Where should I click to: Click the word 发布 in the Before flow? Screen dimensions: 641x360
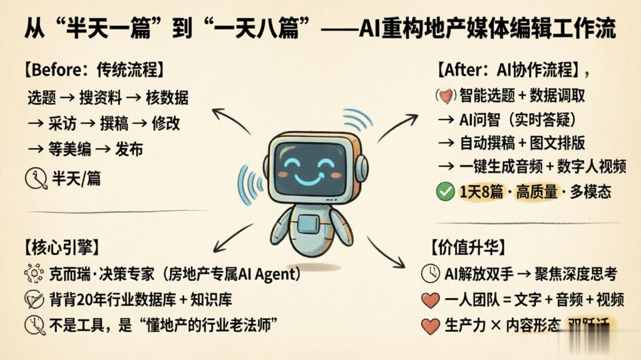point(130,149)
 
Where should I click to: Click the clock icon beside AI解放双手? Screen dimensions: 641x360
point(430,274)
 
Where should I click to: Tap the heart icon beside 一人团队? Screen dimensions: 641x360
point(430,301)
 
